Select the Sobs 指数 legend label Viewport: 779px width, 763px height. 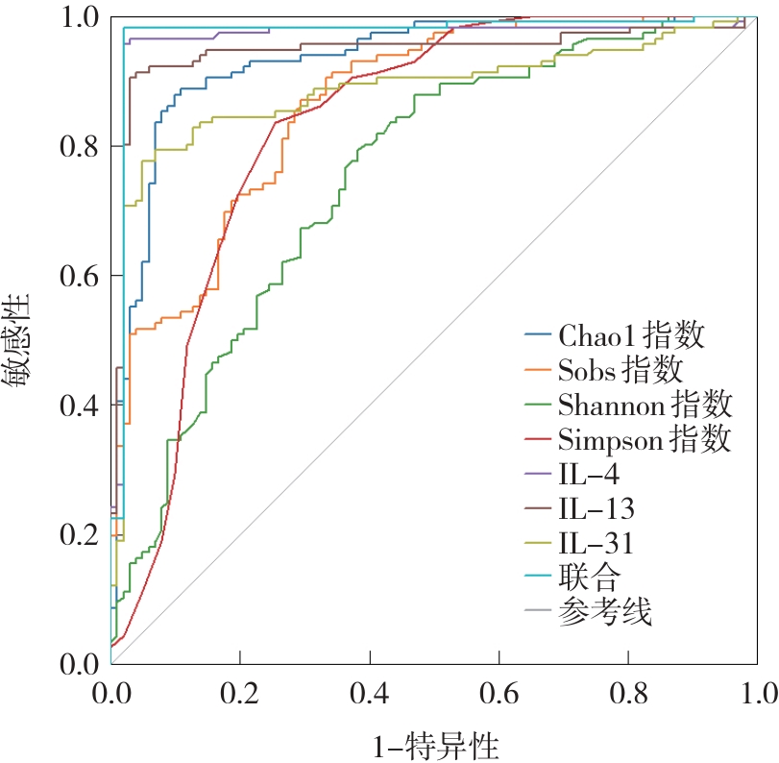coord(620,370)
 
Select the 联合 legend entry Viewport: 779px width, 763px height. coord(588,577)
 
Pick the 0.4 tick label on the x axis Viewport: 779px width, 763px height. coord(370,692)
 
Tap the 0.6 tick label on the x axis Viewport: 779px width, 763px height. coord(499,692)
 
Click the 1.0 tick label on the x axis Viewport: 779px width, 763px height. coord(756,692)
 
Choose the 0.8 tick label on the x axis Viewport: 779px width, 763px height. coord(628,692)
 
